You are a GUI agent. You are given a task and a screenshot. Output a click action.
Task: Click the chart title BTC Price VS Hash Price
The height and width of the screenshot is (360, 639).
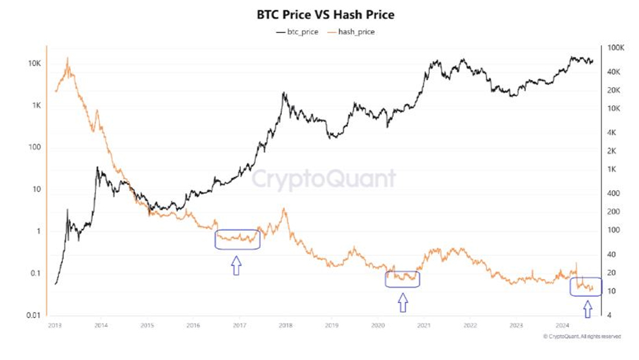pos(319,14)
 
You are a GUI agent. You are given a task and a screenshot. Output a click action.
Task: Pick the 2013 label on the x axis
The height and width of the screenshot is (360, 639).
pos(54,324)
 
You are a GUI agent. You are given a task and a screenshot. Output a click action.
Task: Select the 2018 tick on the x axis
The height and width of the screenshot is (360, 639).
pos(285,324)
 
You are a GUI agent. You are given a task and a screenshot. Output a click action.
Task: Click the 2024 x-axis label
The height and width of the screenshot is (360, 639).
pos(562,324)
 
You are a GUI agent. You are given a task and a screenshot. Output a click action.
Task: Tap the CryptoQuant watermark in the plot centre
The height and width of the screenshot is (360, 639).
pos(323,178)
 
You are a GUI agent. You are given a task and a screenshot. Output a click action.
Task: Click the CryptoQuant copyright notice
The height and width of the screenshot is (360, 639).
pos(581,337)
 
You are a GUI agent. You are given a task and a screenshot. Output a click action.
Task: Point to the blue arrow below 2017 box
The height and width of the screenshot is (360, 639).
pos(236,265)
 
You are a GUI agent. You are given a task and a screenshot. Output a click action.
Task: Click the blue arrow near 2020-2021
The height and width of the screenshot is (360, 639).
pos(403,302)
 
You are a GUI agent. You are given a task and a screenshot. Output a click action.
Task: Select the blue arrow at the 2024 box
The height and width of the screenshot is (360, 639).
pos(588,308)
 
